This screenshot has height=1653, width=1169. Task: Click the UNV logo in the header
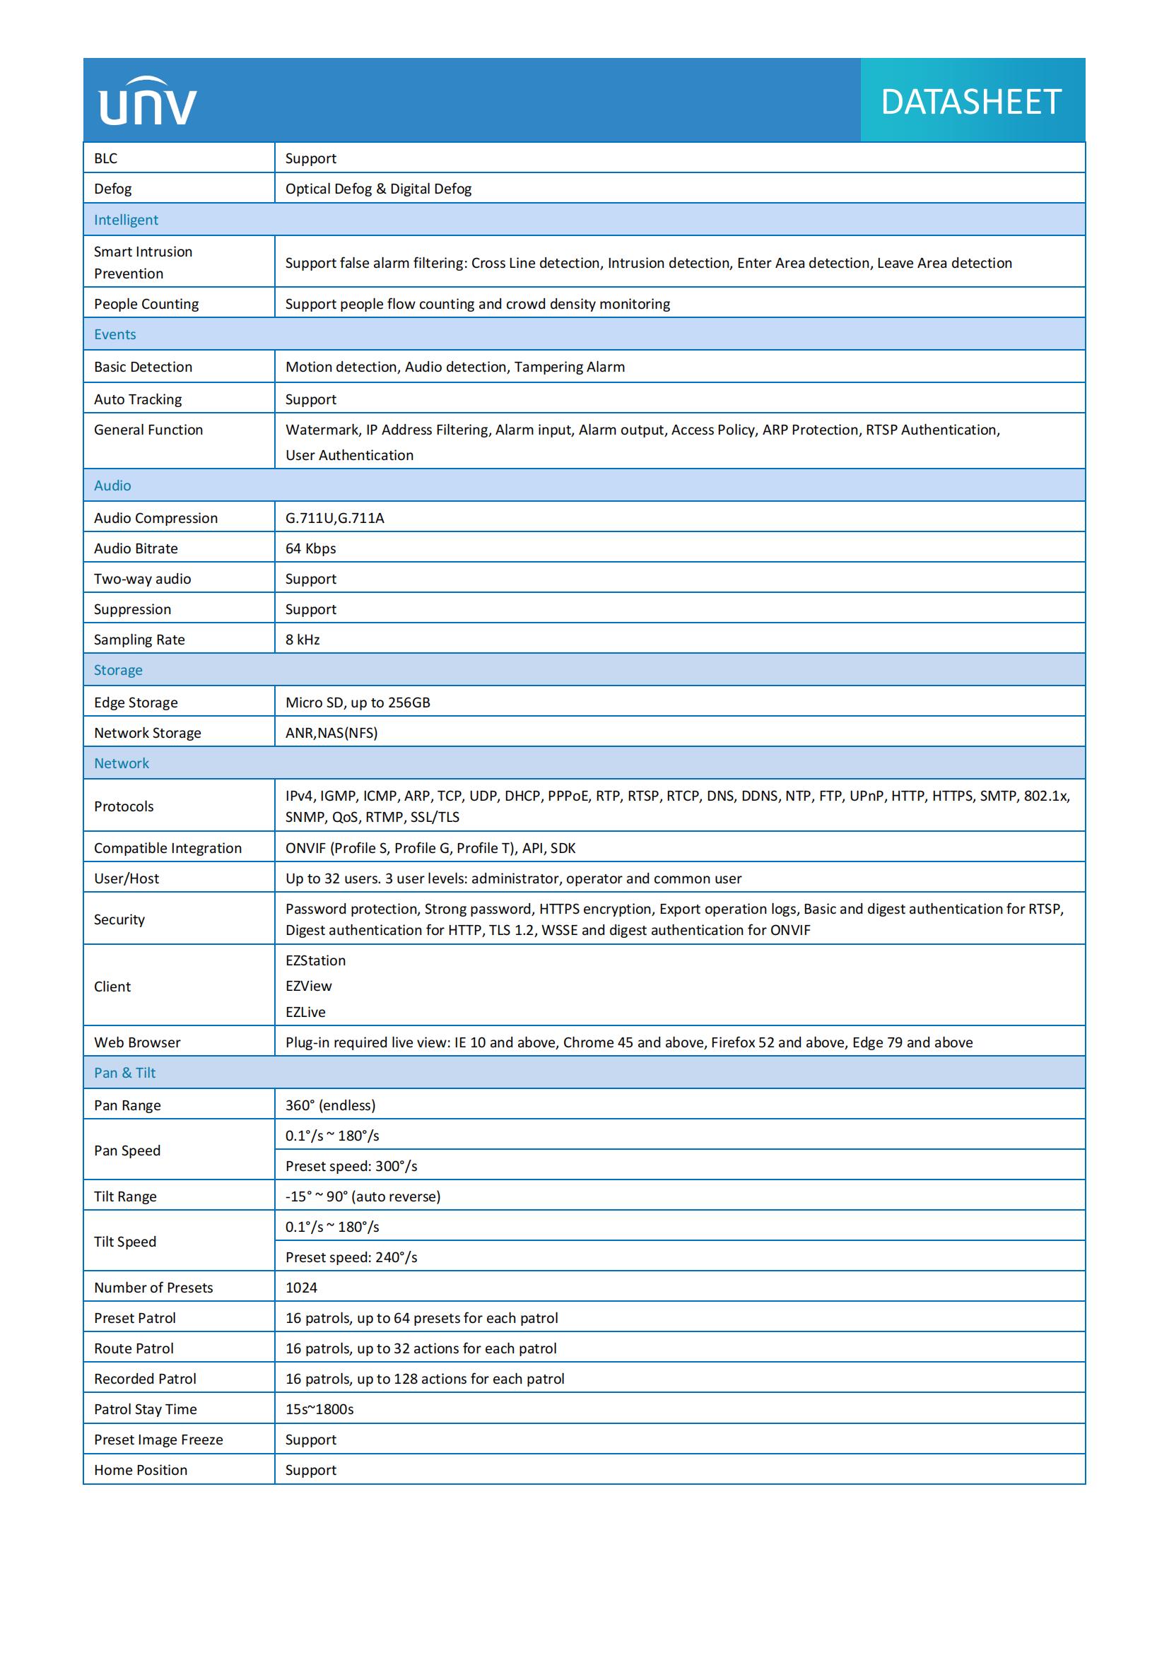(x=148, y=102)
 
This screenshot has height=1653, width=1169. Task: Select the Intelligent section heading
(x=126, y=220)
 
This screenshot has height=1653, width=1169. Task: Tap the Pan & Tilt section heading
(x=124, y=1072)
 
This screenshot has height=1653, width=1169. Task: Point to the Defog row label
(x=113, y=189)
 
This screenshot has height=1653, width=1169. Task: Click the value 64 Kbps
(x=310, y=548)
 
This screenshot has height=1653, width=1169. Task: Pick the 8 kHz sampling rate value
(x=302, y=640)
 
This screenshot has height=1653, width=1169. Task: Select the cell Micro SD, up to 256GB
(x=358, y=702)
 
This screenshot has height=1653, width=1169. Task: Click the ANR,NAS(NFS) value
(x=331, y=732)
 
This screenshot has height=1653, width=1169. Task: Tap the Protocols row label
(x=124, y=806)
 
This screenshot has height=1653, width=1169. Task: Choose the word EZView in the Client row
(x=308, y=986)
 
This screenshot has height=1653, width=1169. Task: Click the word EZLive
(x=305, y=1011)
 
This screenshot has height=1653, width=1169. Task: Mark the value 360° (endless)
(x=330, y=1105)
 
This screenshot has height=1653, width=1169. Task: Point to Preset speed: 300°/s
(x=351, y=1165)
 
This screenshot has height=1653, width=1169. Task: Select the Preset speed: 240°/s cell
(x=351, y=1257)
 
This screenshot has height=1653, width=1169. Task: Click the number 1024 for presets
(x=301, y=1286)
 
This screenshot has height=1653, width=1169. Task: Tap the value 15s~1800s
(x=319, y=1408)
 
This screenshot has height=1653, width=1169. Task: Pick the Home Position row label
(x=141, y=1469)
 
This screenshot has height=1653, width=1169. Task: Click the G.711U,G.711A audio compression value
(x=335, y=517)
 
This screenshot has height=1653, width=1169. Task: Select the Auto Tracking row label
(x=138, y=399)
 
